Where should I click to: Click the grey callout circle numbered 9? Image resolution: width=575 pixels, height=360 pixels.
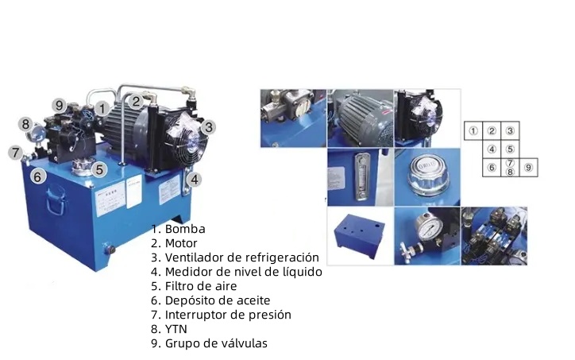(x=59, y=106)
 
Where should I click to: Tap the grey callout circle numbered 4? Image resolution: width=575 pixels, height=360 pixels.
(x=194, y=180)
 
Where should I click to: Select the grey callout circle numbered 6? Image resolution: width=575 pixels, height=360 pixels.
(x=38, y=177)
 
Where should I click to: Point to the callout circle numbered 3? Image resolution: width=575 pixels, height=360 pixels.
(x=208, y=127)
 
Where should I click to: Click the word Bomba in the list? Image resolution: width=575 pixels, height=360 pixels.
(x=185, y=229)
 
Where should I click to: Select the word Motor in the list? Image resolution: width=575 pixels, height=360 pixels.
(x=181, y=243)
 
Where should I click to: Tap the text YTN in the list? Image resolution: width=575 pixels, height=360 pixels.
(x=176, y=329)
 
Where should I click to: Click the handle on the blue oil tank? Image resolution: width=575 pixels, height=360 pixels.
(x=56, y=200)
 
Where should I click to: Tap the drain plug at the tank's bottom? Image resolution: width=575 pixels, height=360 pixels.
(x=109, y=250)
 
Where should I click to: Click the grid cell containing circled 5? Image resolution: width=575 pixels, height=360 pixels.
(x=510, y=149)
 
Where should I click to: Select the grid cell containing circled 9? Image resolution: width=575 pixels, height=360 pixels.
(x=528, y=168)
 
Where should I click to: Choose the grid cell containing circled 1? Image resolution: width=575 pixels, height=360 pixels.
(x=473, y=130)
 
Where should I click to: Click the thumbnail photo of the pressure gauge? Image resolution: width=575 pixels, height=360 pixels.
(x=427, y=235)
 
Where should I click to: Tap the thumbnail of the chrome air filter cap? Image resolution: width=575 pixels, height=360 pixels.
(x=427, y=177)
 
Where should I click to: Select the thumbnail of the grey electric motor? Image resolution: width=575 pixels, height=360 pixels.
(x=360, y=118)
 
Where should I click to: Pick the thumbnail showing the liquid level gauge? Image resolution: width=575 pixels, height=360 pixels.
(x=360, y=177)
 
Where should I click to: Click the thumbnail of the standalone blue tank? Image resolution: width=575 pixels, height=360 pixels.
(x=360, y=235)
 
